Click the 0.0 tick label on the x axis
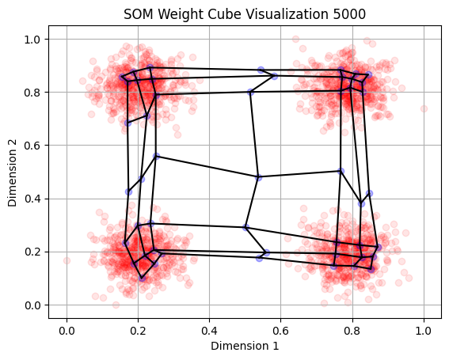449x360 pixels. tap(67, 331)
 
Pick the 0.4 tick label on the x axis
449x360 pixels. tap(209, 331)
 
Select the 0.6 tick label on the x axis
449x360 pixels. tap(280, 331)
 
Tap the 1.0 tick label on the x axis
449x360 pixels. tap(424, 331)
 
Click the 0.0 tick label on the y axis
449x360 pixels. tap(32, 305)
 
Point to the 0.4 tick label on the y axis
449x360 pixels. tap(32, 199)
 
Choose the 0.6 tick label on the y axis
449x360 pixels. tap(32, 146)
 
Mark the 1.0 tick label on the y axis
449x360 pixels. tap(32, 40)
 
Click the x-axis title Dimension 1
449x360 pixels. tap(245, 346)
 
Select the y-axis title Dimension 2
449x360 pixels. tap(13, 172)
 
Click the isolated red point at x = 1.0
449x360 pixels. tap(424, 108)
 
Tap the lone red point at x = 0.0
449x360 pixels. tap(67, 260)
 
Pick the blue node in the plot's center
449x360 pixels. tap(258, 177)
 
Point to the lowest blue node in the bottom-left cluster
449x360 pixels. tap(142, 278)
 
